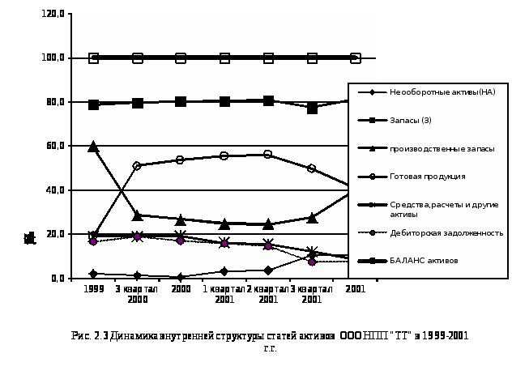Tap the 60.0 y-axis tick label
coord(57,147)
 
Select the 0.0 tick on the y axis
coord(60,279)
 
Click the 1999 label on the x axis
coord(93,288)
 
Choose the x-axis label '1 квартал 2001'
coord(224,293)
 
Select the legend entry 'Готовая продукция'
coord(427,176)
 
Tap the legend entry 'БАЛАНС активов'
coord(423,261)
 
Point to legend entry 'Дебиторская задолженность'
coord(446,232)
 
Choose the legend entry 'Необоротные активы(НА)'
coord(442,92)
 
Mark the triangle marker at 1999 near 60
coord(93,147)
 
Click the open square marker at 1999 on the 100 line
coord(93,58)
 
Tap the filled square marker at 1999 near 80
coord(93,104)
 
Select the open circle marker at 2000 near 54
coord(180,160)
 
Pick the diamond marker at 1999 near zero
coord(93,274)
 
